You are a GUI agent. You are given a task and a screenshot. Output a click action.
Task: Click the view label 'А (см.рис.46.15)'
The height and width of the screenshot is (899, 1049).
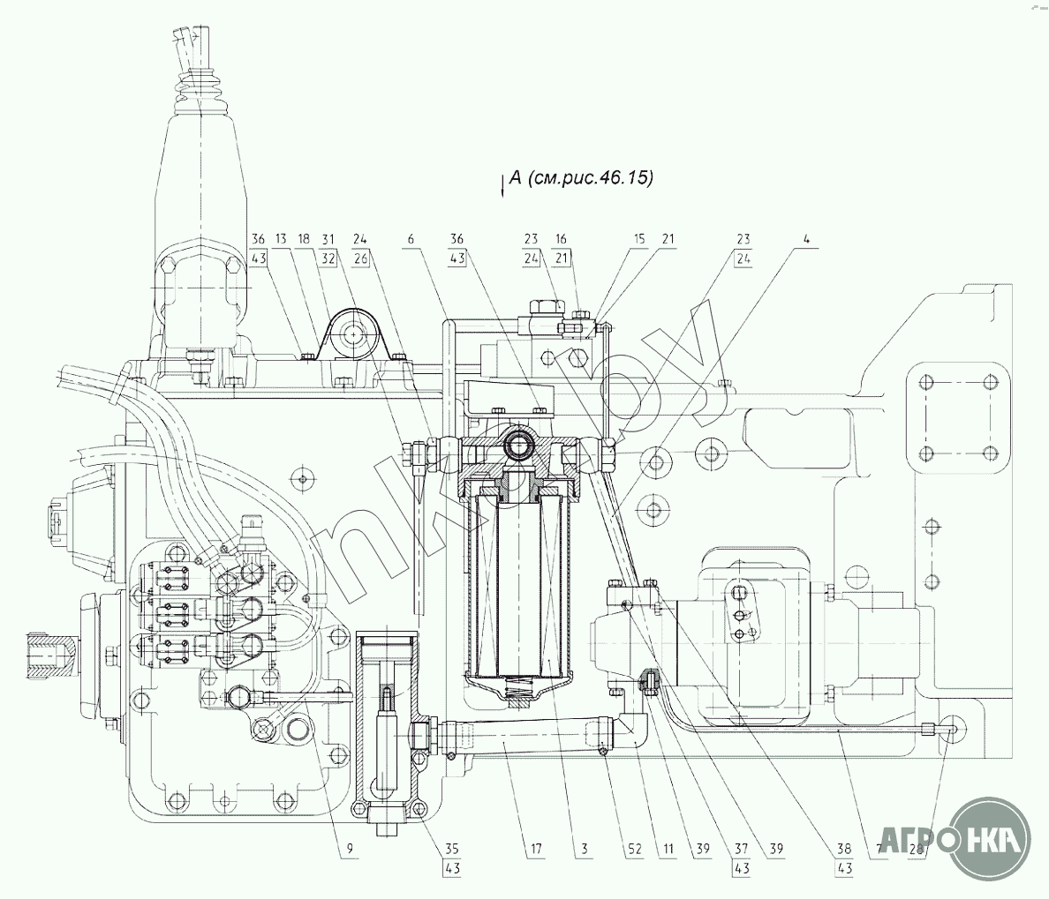(x=579, y=178)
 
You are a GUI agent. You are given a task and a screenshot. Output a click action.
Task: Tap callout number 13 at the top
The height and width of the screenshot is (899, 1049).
(x=281, y=239)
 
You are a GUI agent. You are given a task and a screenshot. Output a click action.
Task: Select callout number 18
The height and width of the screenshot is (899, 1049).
(x=304, y=239)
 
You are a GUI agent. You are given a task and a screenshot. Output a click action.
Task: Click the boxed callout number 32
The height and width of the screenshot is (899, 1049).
(x=329, y=259)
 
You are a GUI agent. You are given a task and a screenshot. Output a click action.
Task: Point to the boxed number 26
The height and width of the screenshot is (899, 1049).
(x=360, y=259)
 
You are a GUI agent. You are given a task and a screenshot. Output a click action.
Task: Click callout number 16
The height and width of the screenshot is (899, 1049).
(x=562, y=239)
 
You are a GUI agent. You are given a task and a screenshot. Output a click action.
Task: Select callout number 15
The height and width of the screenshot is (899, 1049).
(x=639, y=239)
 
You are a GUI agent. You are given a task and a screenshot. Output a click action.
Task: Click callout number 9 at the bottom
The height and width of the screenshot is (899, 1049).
(x=349, y=850)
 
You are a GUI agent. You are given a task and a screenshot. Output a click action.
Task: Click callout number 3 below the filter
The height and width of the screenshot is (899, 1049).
(x=585, y=850)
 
